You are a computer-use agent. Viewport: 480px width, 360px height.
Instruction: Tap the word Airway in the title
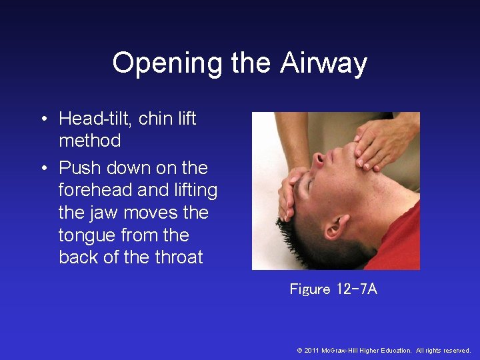coord(323,63)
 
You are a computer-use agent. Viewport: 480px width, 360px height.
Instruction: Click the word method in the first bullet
coord(90,141)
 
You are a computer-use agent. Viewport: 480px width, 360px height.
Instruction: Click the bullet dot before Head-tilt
coord(42,119)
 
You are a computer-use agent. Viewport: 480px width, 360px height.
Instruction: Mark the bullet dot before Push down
coord(42,168)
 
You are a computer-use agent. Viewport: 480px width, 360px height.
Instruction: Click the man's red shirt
coord(397,240)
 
